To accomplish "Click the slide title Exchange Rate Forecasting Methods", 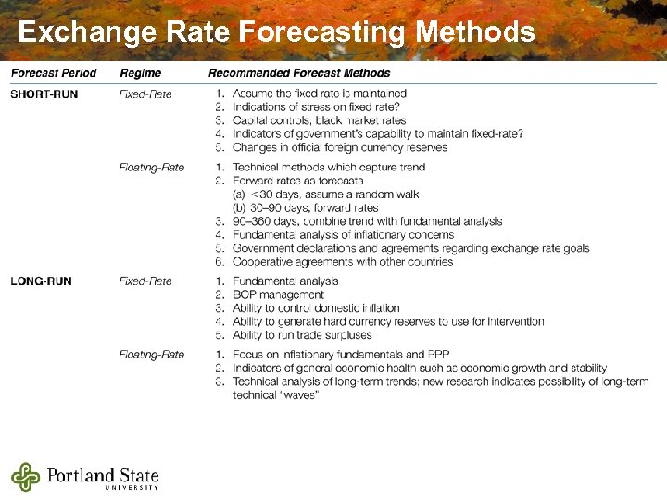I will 276,32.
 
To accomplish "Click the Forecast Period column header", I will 54,73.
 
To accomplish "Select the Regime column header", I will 140,73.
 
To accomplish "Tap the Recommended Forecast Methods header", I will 299,73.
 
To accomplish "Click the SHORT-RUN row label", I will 44,94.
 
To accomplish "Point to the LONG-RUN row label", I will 42,281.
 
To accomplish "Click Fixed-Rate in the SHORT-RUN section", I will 145,94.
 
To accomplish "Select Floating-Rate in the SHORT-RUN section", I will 151,168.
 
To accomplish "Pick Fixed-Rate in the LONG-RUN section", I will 145,281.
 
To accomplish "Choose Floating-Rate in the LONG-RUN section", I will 151,355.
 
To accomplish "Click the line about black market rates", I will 320,120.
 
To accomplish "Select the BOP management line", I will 278,294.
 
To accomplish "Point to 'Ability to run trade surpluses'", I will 302,335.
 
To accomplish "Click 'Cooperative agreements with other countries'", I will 343,262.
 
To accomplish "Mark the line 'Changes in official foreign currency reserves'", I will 339,147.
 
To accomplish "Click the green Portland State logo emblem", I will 26,476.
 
